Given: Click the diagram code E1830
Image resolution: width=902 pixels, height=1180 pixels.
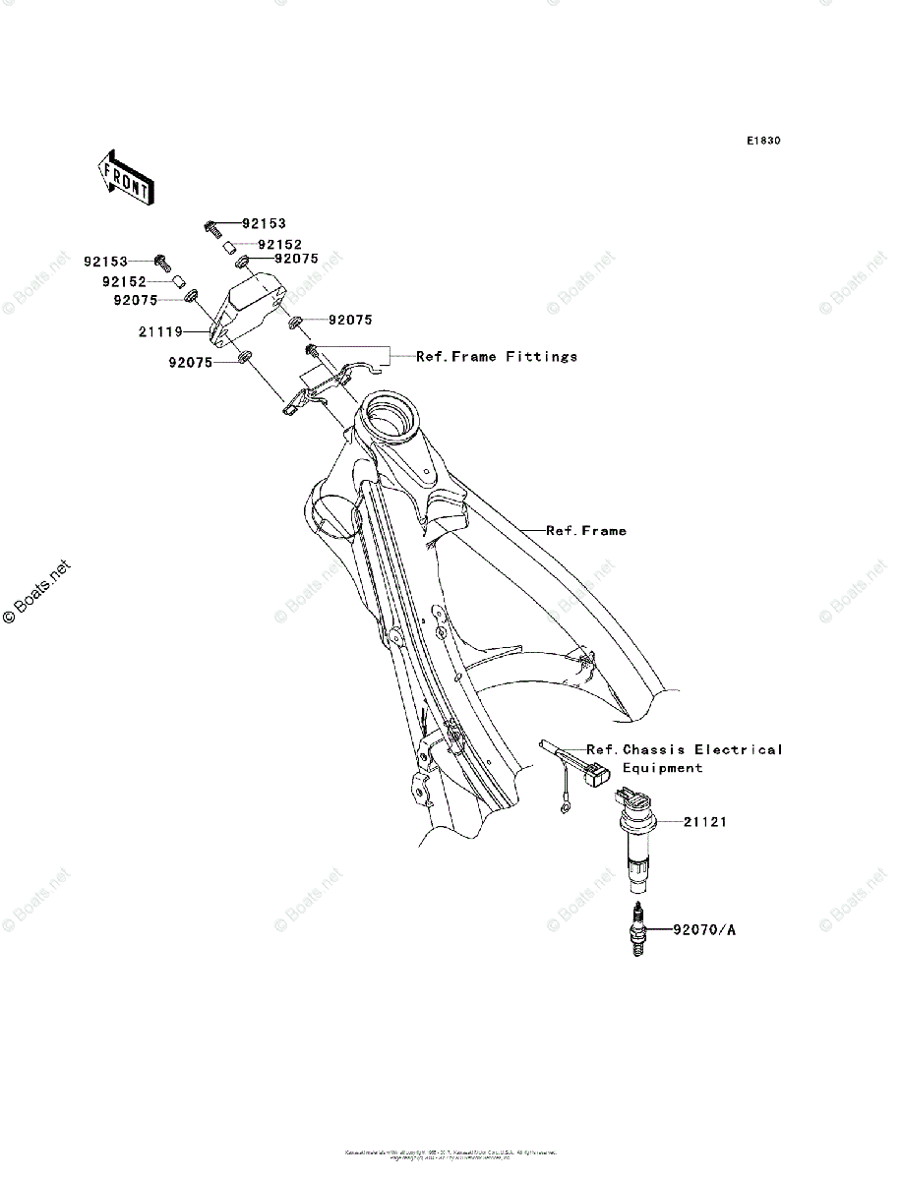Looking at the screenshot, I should point(762,141).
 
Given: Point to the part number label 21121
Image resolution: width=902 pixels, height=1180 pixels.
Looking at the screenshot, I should point(705,821).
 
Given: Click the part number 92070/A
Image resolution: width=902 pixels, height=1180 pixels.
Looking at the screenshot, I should point(704,928).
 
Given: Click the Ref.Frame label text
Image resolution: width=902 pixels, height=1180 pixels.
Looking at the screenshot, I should point(586,531).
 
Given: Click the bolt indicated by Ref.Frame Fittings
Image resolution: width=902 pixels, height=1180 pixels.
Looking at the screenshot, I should point(311,351).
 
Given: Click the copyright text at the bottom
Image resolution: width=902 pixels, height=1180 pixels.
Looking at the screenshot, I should point(451,1152).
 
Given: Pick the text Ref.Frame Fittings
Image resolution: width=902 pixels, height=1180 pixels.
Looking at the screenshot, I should point(497,356).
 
